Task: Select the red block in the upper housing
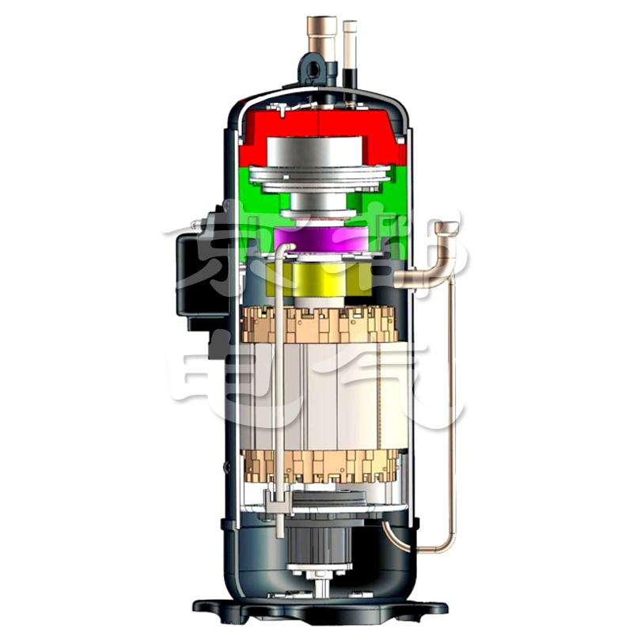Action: [261, 131]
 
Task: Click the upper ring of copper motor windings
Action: [316, 324]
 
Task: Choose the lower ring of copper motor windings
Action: [316, 467]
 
